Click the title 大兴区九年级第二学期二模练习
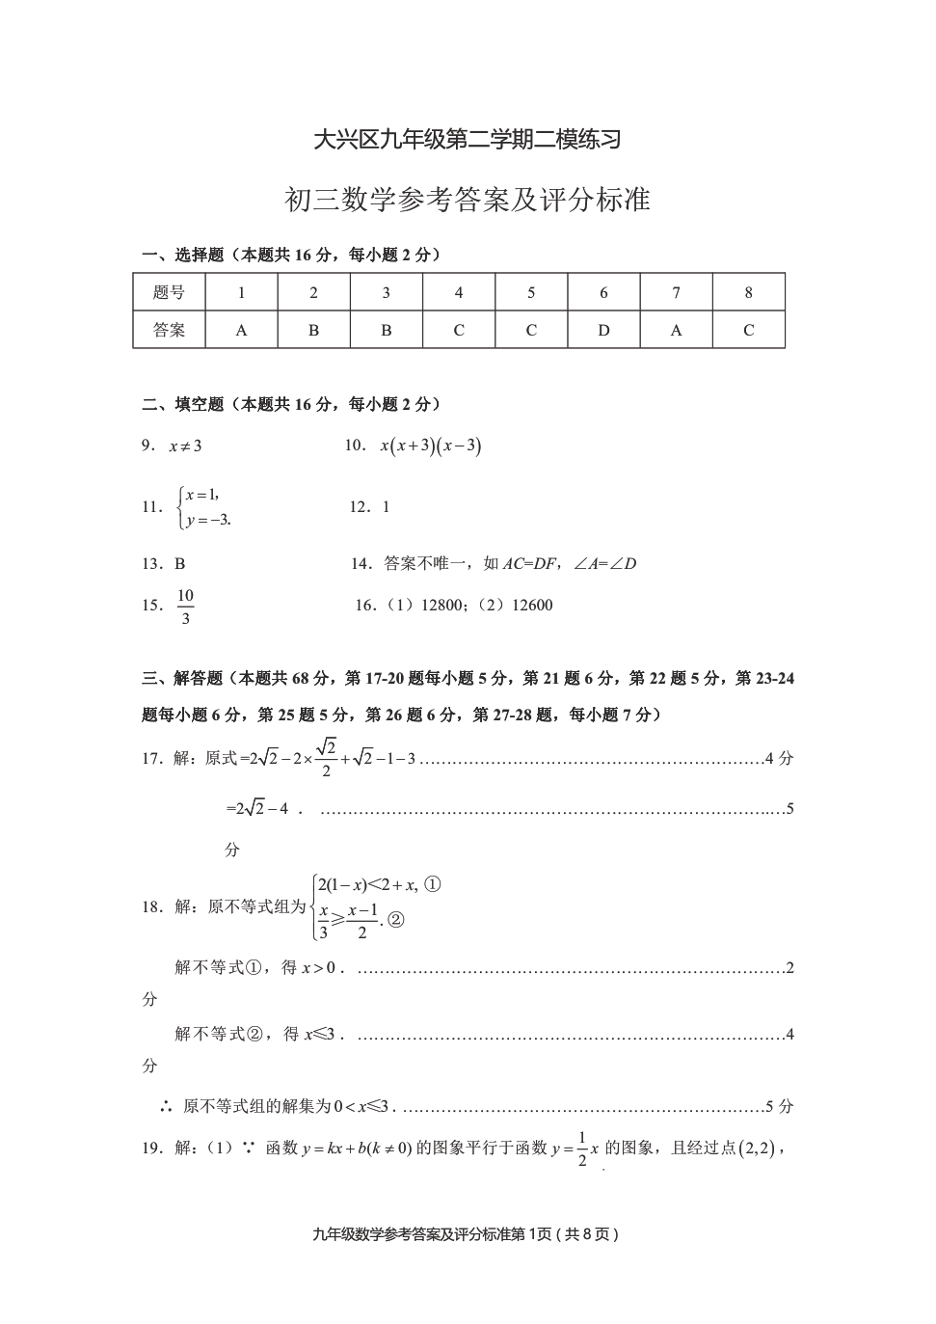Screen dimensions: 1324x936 pos(468,140)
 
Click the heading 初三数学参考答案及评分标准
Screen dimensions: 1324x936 pos(468,200)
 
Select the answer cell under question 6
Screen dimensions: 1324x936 pos(603,330)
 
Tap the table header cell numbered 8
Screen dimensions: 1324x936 pos(748,292)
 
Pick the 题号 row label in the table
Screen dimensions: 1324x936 pos(169,292)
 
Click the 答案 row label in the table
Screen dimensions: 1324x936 pos(169,330)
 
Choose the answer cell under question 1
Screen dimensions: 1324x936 pos(241,330)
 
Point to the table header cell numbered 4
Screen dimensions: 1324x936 pos(459,292)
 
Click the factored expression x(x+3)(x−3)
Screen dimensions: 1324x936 pos(430,446)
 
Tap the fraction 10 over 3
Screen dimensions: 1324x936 pos(185,607)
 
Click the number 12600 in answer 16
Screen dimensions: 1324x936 pos(532,606)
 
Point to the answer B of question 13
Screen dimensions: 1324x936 pos(180,564)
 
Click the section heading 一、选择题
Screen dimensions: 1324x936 pos(183,256)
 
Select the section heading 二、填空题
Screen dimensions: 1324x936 pos(183,405)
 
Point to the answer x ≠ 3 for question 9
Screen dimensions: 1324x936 pos(185,446)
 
